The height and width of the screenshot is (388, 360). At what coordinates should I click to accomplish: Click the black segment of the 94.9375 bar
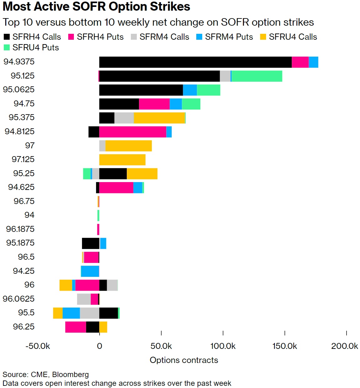(x=195, y=62)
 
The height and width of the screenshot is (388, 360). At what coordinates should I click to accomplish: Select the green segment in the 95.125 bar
(x=257, y=76)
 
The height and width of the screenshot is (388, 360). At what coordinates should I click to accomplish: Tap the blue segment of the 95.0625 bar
(x=190, y=90)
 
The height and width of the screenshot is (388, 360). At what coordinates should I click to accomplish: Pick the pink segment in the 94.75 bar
(x=154, y=104)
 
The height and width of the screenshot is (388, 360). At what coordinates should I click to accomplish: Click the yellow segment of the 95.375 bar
(x=159, y=118)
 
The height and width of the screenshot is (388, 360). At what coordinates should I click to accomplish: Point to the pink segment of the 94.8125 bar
(x=133, y=132)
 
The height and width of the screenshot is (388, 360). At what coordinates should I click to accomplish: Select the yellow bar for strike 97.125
(x=122, y=160)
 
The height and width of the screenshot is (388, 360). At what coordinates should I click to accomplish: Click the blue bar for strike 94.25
(x=90, y=271)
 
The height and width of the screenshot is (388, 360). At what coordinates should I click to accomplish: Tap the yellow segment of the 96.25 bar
(x=103, y=327)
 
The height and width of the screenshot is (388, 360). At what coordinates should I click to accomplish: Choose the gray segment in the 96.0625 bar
(x=84, y=299)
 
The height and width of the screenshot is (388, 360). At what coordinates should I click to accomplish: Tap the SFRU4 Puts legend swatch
(x=7, y=48)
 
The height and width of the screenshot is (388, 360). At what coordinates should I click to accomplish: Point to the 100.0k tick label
(x=223, y=346)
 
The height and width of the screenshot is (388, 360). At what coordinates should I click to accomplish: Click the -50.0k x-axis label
(x=38, y=346)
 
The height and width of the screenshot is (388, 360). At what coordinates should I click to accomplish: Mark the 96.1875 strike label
(x=20, y=229)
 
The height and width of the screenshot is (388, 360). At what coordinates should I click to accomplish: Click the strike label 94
(x=29, y=215)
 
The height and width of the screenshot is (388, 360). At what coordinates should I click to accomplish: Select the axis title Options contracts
(x=184, y=360)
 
